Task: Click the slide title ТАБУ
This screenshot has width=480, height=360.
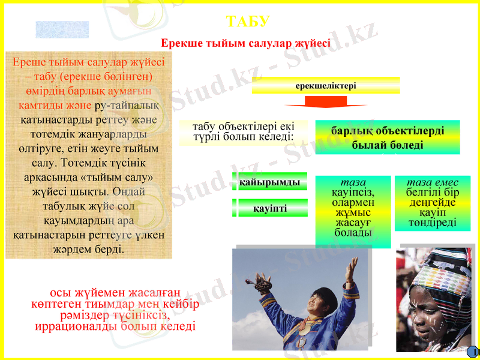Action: [x=248, y=22]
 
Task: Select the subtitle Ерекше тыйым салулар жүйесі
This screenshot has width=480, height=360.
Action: [x=246, y=44]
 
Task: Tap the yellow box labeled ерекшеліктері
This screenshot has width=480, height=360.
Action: [x=326, y=86]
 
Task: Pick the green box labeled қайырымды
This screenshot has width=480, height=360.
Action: [x=269, y=182]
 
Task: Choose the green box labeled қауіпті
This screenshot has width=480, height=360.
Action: [x=269, y=208]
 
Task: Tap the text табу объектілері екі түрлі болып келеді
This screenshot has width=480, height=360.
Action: [x=243, y=132]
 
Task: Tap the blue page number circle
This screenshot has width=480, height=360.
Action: [x=473, y=352]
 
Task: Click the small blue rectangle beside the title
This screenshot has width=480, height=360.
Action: [x=62, y=29]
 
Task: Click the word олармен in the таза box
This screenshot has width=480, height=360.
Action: [x=353, y=202]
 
